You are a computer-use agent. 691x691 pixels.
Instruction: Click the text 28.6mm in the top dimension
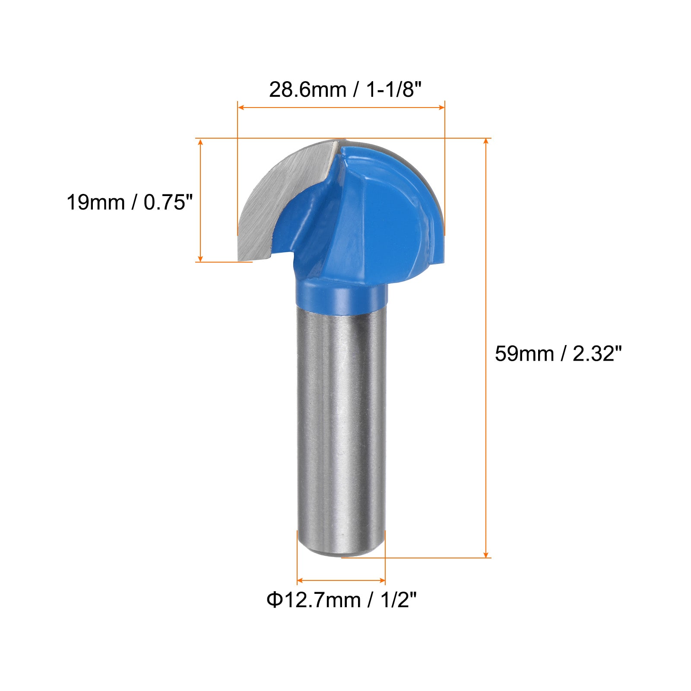[x=307, y=90]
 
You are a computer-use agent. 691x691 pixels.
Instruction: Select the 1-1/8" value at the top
[x=393, y=90]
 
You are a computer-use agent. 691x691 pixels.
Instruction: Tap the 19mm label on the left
[x=95, y=202]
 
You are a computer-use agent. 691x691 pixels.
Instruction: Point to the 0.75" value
[x=168, y=202]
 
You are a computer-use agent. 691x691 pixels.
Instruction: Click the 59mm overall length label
[x=524, y=354]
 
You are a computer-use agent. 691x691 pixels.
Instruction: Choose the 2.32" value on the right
[x=597, y=354]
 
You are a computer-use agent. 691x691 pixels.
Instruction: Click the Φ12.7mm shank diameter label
[x=314, y=600]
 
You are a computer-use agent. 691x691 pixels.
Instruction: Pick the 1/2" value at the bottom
[x=399, y=600]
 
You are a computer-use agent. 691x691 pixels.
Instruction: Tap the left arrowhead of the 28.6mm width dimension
[x=241, y=107]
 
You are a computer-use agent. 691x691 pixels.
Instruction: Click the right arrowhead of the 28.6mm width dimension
[x=442, y=107]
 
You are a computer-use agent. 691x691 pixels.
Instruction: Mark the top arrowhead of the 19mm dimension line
[x=200, y=142]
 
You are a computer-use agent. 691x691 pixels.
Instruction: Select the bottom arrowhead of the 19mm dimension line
[x=200, y=258]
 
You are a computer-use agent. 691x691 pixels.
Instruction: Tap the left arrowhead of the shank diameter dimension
[x=300, y=580]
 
